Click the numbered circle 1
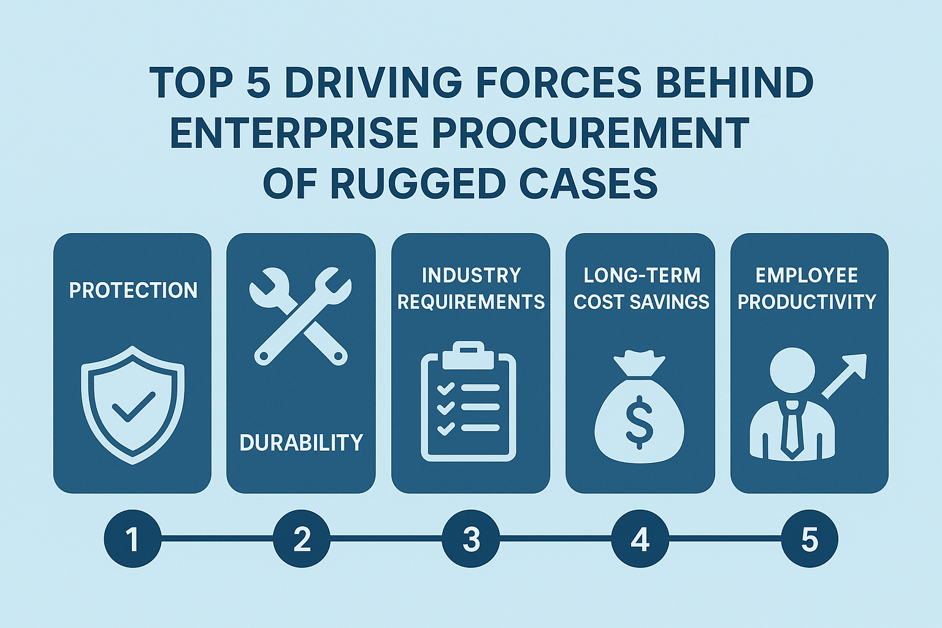point(132,540)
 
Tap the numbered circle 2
point(301,540)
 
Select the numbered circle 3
point(471,540)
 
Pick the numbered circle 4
point(640,540)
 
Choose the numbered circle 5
point(810,540)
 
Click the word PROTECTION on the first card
point(133,290)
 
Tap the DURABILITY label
point(301,442)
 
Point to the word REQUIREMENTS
point(471,302)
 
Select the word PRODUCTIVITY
point(806,302)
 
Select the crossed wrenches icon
point(301,316)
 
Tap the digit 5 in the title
point(258,83)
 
